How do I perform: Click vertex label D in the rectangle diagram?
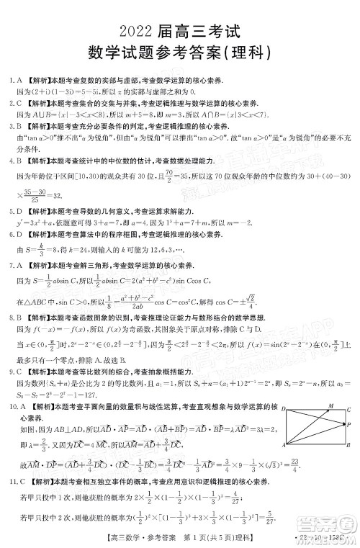click(283, 409)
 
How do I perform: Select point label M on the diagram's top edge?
click(330, 406)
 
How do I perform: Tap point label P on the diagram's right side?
click(348, 425)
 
